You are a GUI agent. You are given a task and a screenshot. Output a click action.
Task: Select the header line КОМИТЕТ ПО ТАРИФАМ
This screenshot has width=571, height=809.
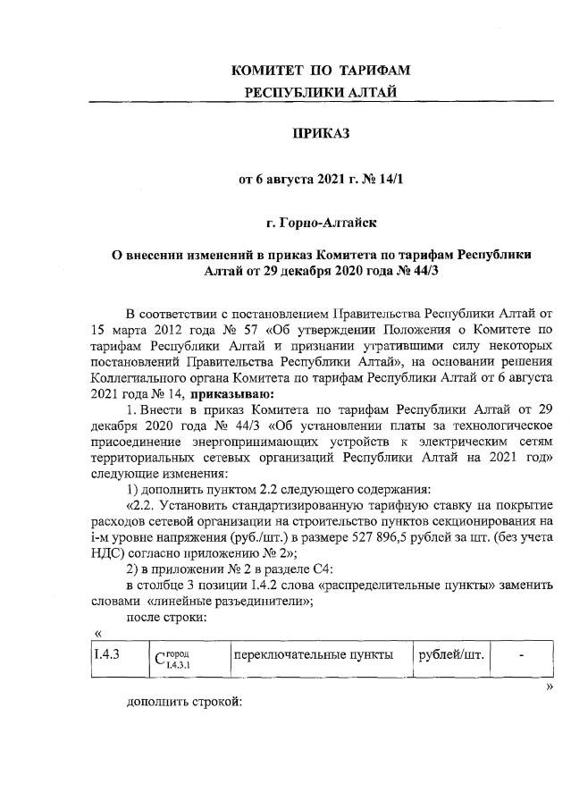(x=321, y=71)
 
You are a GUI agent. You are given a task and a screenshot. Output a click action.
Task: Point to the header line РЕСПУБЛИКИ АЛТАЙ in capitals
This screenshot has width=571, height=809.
(x=321, y=92)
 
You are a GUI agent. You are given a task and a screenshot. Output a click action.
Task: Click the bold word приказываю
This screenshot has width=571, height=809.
(x=226, y=393)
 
